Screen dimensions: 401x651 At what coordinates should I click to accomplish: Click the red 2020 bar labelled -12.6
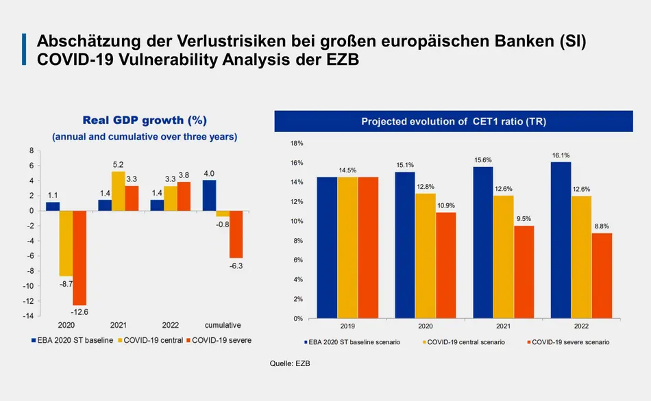(79, 258)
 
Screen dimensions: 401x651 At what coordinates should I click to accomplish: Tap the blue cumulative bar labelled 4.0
(209, 195)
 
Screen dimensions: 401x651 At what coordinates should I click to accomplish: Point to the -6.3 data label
(236, 266)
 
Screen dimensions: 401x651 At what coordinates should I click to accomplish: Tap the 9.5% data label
(523, 220)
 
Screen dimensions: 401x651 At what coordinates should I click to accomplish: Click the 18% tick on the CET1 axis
(297, 144)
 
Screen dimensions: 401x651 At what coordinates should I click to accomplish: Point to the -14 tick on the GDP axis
(29, 316)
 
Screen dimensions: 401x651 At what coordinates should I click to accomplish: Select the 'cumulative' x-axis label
(222, 326)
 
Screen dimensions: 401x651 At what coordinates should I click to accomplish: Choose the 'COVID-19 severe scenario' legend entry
(569, 341)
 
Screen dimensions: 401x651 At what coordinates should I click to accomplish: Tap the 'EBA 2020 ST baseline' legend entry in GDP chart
(71, 340)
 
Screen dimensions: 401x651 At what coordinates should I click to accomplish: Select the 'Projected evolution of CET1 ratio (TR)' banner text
(453, 122)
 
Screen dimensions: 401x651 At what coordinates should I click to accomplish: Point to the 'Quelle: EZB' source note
(291, 363)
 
